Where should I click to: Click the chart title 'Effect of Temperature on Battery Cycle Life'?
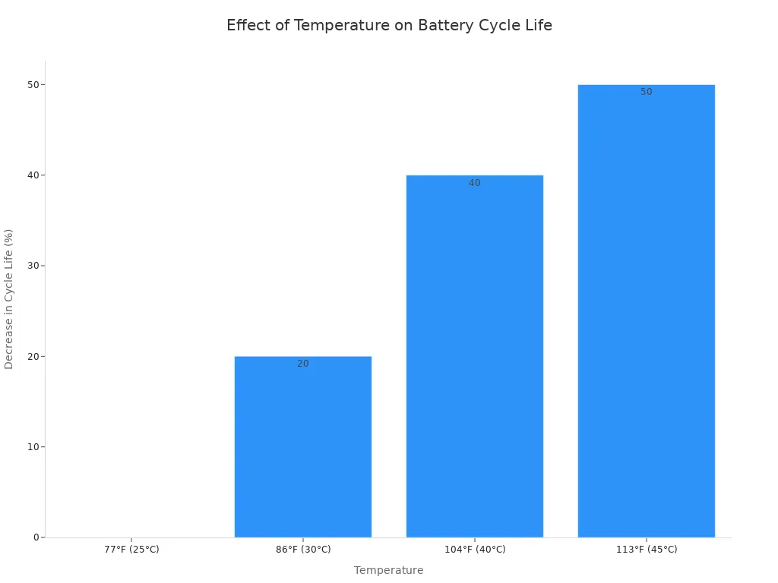[389, 25]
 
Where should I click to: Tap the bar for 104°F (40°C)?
[474, 356]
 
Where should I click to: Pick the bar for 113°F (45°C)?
[646, 310]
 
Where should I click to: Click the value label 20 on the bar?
[302, 364]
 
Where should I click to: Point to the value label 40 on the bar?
[474, 183]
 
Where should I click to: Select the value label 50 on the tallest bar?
[646, 92]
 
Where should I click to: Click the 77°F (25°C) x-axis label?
[131, 550]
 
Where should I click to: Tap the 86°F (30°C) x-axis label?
[302, 550]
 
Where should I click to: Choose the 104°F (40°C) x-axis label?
[474, 550]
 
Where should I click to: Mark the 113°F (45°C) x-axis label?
[646, 550]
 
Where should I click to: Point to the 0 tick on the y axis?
[36, 537]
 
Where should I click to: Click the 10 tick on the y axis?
[33, 447]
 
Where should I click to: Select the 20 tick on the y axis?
[33, 356]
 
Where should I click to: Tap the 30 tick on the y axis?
[33, 266]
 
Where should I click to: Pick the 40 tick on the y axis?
[33, 175]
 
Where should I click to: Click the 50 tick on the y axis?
[33, 84]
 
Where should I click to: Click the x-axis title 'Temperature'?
[388, 570]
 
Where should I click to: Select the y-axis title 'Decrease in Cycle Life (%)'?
[9, 299]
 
